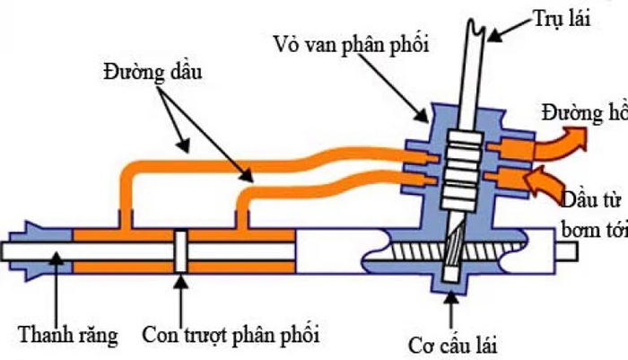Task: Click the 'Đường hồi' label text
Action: (583, 114)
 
